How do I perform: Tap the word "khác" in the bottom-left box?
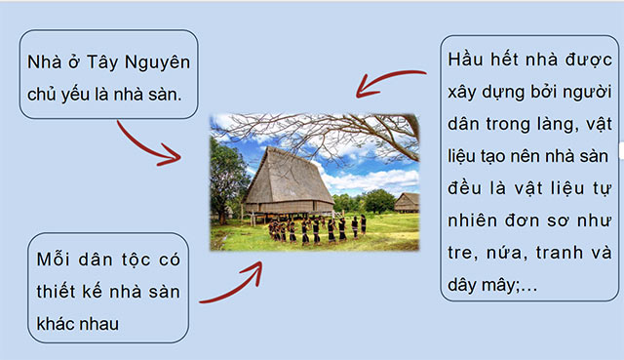pyautogui.click(x=57, y=323)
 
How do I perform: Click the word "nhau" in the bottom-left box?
pyautogui.click(x=110, y=323)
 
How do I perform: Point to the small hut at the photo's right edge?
pyautogui.click(x=407, y=202)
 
